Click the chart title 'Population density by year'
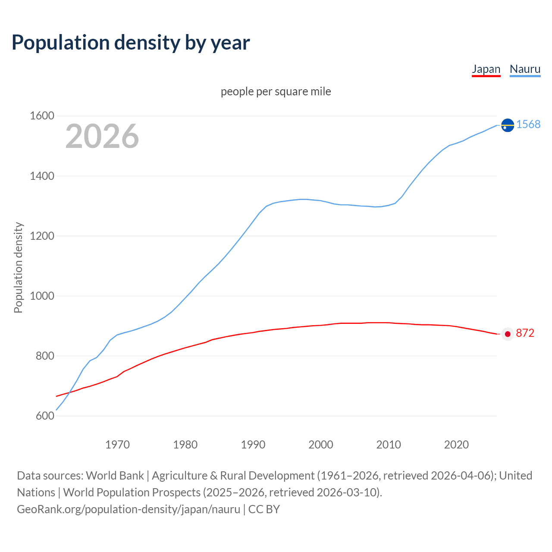(x=131, y=43)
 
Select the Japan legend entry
(x=486, y=69)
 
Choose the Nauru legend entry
(x=525, y=69)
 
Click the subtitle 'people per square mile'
(x=276, y=91)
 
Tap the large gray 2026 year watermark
(x=102, y=136)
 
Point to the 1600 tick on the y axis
(x=42, y=116)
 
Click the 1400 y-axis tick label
(x=42, y=176)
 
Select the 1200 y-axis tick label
(x=42, y=236)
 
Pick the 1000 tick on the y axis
(x=42, y=296)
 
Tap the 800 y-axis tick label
(x=45, y=356)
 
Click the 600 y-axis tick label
(x=45, y=416)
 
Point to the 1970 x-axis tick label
(x=117, y=445)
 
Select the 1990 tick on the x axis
(x=253, y=445)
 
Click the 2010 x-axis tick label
(x=389, y=445)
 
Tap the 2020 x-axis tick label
(x=456, y=445)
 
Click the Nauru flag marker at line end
(x=508, y=125)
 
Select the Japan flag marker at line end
(x=508, y=334)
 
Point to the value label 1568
(x=528, y=124)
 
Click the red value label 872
(x=525, y=333)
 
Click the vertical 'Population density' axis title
(x=18, y=267)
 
